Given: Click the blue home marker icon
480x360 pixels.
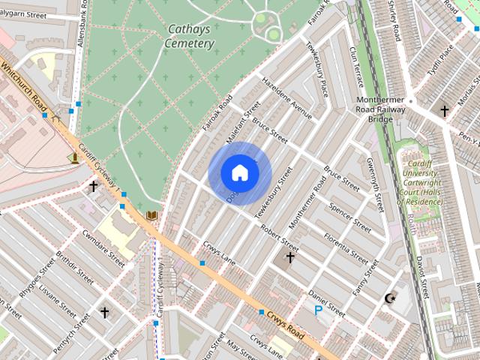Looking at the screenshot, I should point(239,172).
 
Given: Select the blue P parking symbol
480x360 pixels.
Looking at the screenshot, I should point(319,308).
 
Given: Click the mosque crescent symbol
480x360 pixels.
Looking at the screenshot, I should point(388,299).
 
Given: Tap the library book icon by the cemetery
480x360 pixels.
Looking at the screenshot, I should point(151,216).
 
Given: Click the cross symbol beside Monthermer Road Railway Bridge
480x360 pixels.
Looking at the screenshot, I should point(444,112).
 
